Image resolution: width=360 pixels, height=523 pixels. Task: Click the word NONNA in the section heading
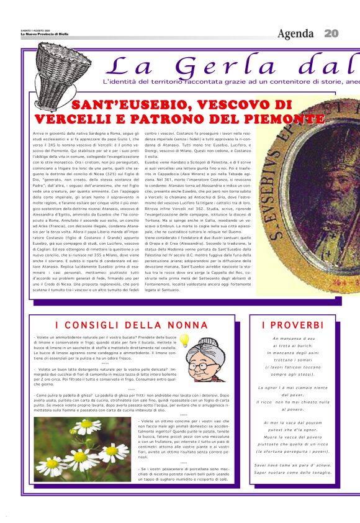pyautogui.click(x=185, y=325)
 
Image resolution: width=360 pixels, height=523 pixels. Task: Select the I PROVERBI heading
pyautogui.click(x=293, y=325)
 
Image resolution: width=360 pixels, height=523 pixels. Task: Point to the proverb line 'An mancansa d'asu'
pyautogui.click(x=292, y=339)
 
